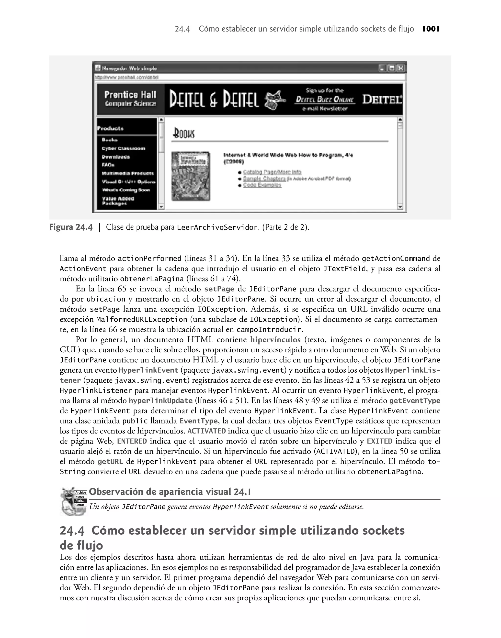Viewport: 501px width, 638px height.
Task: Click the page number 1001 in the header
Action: [x=431, y=29]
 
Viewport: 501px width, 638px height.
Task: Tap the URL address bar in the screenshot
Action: [x=249, y=77]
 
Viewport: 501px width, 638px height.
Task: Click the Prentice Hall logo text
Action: [x=130, y=99]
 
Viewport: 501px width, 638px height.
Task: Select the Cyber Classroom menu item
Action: [x=123, y=148]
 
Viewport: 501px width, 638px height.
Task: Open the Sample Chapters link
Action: [x=264, y=178]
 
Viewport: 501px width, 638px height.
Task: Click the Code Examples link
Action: [x=262, y=185]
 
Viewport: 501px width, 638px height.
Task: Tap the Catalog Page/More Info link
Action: [x=272, y=172]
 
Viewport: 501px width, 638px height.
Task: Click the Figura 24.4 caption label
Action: [x=71, y=227]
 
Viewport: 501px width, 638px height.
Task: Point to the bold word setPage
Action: [x=219, y=289]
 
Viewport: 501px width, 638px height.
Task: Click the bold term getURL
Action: [x=110, y=462]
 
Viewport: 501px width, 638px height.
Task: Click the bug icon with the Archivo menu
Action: [x=73, y=501]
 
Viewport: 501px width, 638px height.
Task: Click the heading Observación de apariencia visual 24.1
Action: [x=170, y=492]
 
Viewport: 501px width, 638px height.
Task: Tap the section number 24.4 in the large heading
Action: [x=72, y=531]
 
